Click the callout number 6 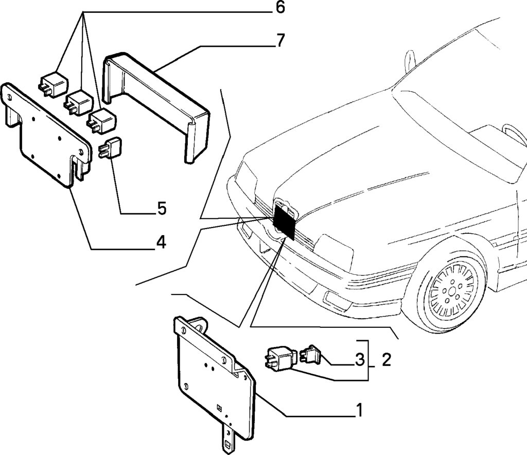279,8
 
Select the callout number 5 161,208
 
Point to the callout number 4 161,241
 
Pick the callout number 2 386,359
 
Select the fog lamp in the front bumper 335,299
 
